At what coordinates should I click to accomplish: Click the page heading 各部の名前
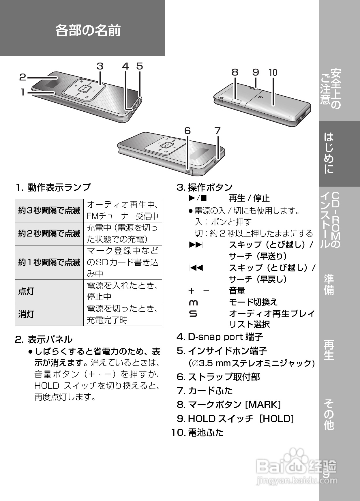(88, 31)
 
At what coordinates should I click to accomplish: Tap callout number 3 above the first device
(100, 66)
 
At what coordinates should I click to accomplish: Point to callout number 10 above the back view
(273, 72)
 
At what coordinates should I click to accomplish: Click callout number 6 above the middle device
(187, 131)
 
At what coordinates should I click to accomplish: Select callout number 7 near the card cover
(217, 131)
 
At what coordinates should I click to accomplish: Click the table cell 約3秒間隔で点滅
(49, 211)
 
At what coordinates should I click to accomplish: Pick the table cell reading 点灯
(26, 291)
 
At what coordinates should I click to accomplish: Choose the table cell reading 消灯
(26, 314)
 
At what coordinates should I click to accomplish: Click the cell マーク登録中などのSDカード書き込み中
(123, 262)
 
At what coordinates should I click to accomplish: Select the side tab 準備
(329, 285)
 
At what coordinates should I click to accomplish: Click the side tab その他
(329, 414)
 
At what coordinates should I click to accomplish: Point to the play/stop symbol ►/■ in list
(198, 198)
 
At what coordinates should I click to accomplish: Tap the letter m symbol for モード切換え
(193, 303)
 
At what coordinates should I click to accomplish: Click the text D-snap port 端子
(225, 337)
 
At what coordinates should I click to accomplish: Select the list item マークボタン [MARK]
(234, 405)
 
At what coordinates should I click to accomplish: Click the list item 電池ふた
(206, 432)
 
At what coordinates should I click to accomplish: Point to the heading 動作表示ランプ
(59, 187)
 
